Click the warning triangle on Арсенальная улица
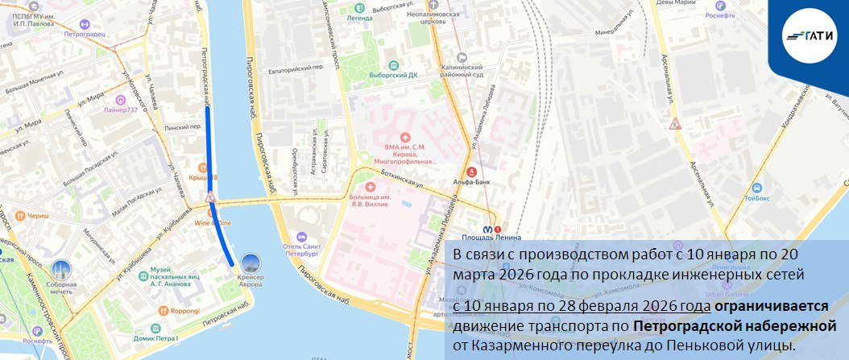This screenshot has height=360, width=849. pyautogui.click(x=676, y=124)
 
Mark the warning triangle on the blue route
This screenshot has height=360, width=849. pyautogui.click(x=210, y=198)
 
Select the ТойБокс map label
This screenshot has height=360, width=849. pyautogui.click(x=757, y=196)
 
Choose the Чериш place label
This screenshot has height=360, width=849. pyautogui.click(x=38, y=216)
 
